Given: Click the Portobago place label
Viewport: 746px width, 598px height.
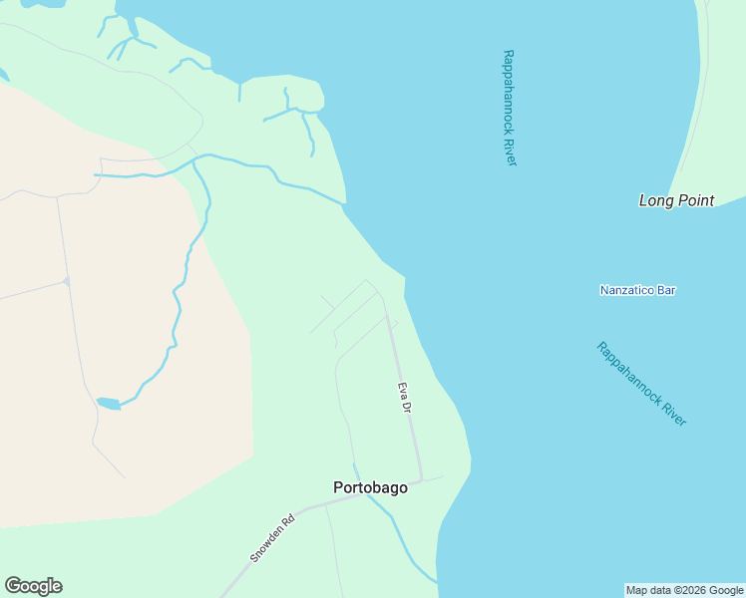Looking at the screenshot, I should coord(370,487).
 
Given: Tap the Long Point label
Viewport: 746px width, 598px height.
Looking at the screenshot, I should coord(676,200).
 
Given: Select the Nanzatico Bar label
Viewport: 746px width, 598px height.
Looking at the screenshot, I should coord(637,290).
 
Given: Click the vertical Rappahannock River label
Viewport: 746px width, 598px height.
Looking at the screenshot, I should coord(510,108).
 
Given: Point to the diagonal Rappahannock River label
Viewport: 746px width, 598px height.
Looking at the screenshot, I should coord(641,384).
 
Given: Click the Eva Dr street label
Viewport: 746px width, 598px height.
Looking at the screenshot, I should coord(405,398).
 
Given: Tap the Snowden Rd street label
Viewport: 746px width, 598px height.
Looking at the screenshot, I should coord(272,538).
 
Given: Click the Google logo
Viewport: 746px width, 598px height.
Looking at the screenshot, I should coord(33,586).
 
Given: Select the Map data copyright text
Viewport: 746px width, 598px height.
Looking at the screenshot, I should coord(684,590).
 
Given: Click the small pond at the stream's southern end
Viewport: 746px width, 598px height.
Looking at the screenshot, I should coord(108,404).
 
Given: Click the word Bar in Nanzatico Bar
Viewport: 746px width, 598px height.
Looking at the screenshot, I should coord(665,290).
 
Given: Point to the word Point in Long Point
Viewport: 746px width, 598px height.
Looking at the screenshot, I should coord(696,200).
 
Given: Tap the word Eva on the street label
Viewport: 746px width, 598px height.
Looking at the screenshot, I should coord(403,390).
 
